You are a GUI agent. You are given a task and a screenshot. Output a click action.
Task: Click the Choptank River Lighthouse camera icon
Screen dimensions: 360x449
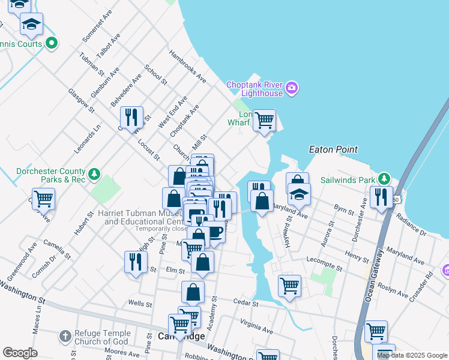click(x=292, y=89)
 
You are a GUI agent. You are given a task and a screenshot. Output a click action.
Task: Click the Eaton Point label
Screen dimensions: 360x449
click(x=333, y=149)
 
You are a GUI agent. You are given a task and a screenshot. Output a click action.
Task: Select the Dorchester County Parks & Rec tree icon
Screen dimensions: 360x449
click(x=94, y=175)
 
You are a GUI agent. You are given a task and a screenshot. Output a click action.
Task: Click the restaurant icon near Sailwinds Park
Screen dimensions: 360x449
click(x=381, y=197)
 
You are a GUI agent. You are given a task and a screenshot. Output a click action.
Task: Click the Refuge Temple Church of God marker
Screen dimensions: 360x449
click(x=65, y=335)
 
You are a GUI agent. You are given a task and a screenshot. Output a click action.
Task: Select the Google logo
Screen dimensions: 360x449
click(x=20, y=353)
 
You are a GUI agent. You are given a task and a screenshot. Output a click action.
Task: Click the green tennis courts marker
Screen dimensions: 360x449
click(x=52, y=43)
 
